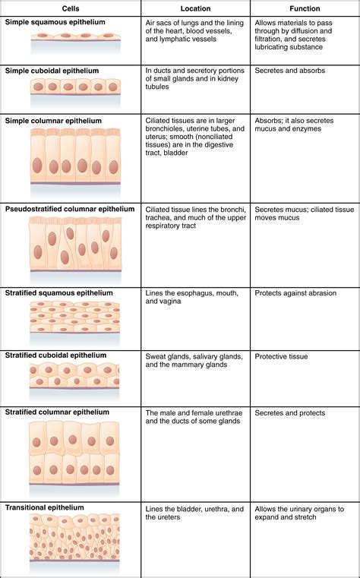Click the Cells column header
71,8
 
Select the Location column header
195,8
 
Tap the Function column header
305,8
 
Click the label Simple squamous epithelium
55,23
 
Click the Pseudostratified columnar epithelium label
69,209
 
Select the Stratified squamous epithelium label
58,293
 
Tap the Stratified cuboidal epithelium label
55,355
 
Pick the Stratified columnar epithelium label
57,412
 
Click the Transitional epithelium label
44,507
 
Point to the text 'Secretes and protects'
289,413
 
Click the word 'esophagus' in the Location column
199,293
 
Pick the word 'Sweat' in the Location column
157,355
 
